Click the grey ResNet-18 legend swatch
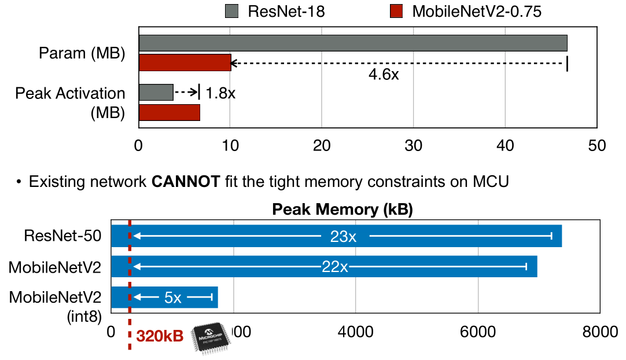pos(231,12)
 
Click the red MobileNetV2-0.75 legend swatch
pos(396,12)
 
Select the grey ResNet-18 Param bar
pos(353,43)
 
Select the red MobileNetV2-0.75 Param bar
pos(185,63)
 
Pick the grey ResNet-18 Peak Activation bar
pos(156,93)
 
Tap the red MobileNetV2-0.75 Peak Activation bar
pos(169,112)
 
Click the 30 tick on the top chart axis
pos(413,145)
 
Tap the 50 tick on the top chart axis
pos(596,145)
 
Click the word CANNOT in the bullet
pos(186,183)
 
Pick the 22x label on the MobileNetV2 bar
pos(336,267)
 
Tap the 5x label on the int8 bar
pos(173,298)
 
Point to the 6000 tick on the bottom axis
pos(478,332)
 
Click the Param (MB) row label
pos(82,53)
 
